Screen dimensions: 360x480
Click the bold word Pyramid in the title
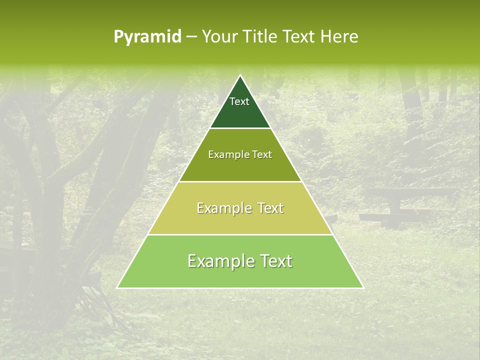click(x=147, y=37)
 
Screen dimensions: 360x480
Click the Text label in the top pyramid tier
click(x=239, y=101)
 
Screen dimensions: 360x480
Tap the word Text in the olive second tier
click(x=262, y=155)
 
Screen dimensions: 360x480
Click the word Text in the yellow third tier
click(x=270, y=208)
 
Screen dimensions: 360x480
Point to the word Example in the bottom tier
click(x=217, y=261)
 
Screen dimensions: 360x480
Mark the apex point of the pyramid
click(x=240, y=75)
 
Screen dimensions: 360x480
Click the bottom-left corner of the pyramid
click(x=117, y=288)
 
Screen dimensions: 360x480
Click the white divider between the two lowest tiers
click(x=240, y=234)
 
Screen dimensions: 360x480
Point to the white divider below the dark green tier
click(x=240, y=128)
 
